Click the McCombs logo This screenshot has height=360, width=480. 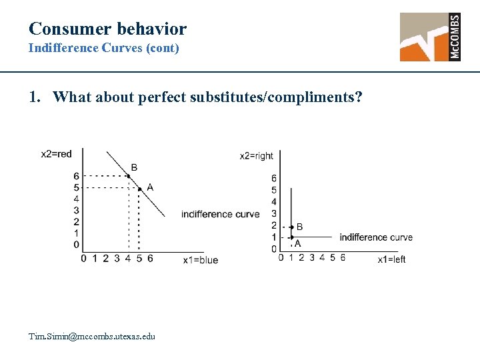430,37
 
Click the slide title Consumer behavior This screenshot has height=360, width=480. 107,29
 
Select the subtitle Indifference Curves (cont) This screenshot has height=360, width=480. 103,49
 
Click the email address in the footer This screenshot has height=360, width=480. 92,336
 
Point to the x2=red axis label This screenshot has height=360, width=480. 56,154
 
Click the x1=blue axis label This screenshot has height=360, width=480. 201,260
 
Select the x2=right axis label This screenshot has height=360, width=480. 257,156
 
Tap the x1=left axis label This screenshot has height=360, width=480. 391,259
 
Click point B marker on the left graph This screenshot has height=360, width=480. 129,176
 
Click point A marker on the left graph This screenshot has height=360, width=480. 139,189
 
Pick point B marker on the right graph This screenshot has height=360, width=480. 291,227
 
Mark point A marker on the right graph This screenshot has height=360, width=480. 291,237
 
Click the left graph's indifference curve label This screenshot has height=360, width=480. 220,214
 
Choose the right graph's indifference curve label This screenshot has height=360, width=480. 376,237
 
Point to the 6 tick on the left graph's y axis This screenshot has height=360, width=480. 77,176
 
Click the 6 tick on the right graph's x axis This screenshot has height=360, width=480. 343,258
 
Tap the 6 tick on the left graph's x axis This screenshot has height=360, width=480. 150,259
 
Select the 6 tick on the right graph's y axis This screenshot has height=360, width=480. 274,179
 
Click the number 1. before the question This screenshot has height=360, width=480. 35,97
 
